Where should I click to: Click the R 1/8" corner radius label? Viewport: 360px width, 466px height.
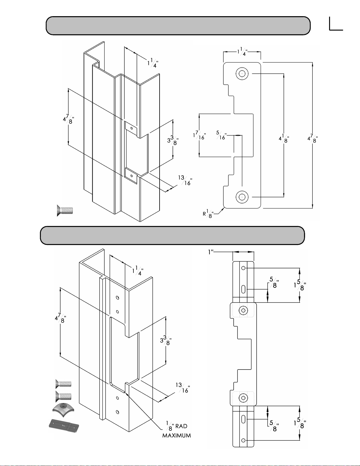click(208, 213)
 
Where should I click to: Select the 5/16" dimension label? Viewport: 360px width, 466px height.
click(221, 136)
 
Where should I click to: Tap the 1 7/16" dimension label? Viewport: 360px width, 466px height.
click(199, 135)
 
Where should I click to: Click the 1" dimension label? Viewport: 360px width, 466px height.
click(211, 252)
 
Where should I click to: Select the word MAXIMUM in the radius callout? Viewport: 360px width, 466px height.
click(177, 435)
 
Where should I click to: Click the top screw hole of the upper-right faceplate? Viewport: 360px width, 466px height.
click(242, 74)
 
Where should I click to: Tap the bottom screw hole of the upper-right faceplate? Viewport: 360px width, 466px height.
click(242, 197)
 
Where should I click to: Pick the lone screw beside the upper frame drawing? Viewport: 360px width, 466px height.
click(65, 211)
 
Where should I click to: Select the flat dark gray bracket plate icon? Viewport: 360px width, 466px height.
click(64, 426)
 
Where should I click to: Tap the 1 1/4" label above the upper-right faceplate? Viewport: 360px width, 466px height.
click(242, 52)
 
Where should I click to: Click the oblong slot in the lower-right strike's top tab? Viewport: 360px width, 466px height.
click(243, 289)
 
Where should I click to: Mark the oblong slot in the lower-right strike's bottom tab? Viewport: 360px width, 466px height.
click(243, 419)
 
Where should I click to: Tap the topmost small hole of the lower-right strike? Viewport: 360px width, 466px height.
click(243, 268)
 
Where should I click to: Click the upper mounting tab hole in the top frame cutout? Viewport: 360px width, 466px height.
click(132, 128)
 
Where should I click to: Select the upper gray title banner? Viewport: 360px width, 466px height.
click(178, 26)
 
